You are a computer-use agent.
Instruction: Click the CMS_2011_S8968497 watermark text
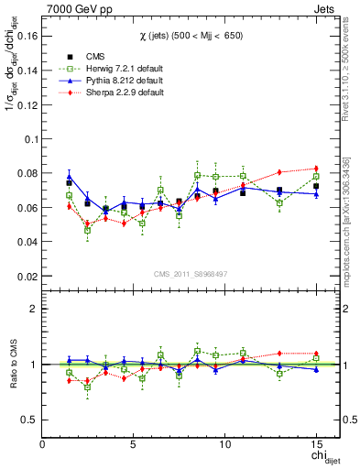pos(191,274)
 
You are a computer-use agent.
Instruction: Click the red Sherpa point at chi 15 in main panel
pos(316,168)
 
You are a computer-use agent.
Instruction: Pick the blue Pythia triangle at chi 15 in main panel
pos(316,194)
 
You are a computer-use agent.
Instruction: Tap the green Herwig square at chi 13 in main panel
pos(279,202)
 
